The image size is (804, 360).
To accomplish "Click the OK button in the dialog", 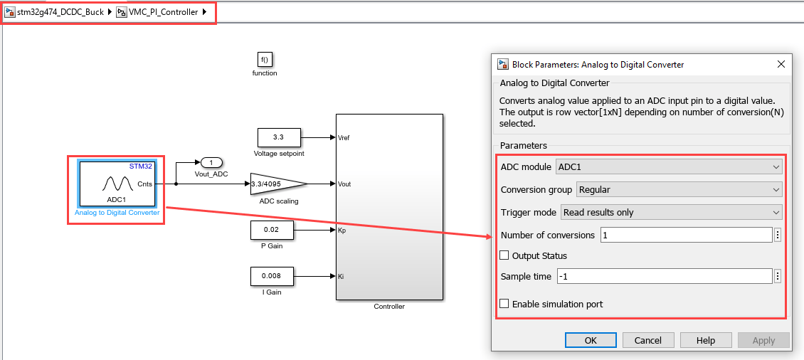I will pyautogui.click(x=591, y=340).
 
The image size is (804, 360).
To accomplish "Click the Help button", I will pyautogui.click(x=706, y=340).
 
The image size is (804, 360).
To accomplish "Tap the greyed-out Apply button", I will pyautogui.click(x=763, y=340).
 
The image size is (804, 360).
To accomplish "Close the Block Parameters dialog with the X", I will pyautogui.click(x=781, y=64).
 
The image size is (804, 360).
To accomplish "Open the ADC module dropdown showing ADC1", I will pyautogui.click(x=668, y=167).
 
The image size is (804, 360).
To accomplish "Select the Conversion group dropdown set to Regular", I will pyautogui.click(x=679, y=190).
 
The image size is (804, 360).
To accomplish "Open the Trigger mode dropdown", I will pyautogui.click(x=671, y=212).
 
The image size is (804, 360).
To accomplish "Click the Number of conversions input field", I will pyautogui.click(x=686, y=235).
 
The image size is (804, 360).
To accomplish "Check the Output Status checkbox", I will pyautogui.click(x=504, y=255).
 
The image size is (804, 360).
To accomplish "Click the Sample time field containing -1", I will pyautogui.click(x=664, y=276).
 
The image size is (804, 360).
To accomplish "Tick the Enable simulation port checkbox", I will pyautogui.click(x=504, y=304).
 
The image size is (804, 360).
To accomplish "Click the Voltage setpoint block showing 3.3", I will pyautogui.click(x=279, y=137).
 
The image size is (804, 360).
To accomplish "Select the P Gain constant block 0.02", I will pyautogui.click(x=271, y=231).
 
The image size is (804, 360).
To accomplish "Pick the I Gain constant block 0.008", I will pyautogui.click(x=271, y=276).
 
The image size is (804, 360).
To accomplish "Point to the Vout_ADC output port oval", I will pyautogui.click(x=211, y=163).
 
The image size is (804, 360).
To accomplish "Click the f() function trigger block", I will pyautogui.click(x=265, y=60).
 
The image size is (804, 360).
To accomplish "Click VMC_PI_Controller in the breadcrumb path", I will pyautogui.click(x=163, y=12).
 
